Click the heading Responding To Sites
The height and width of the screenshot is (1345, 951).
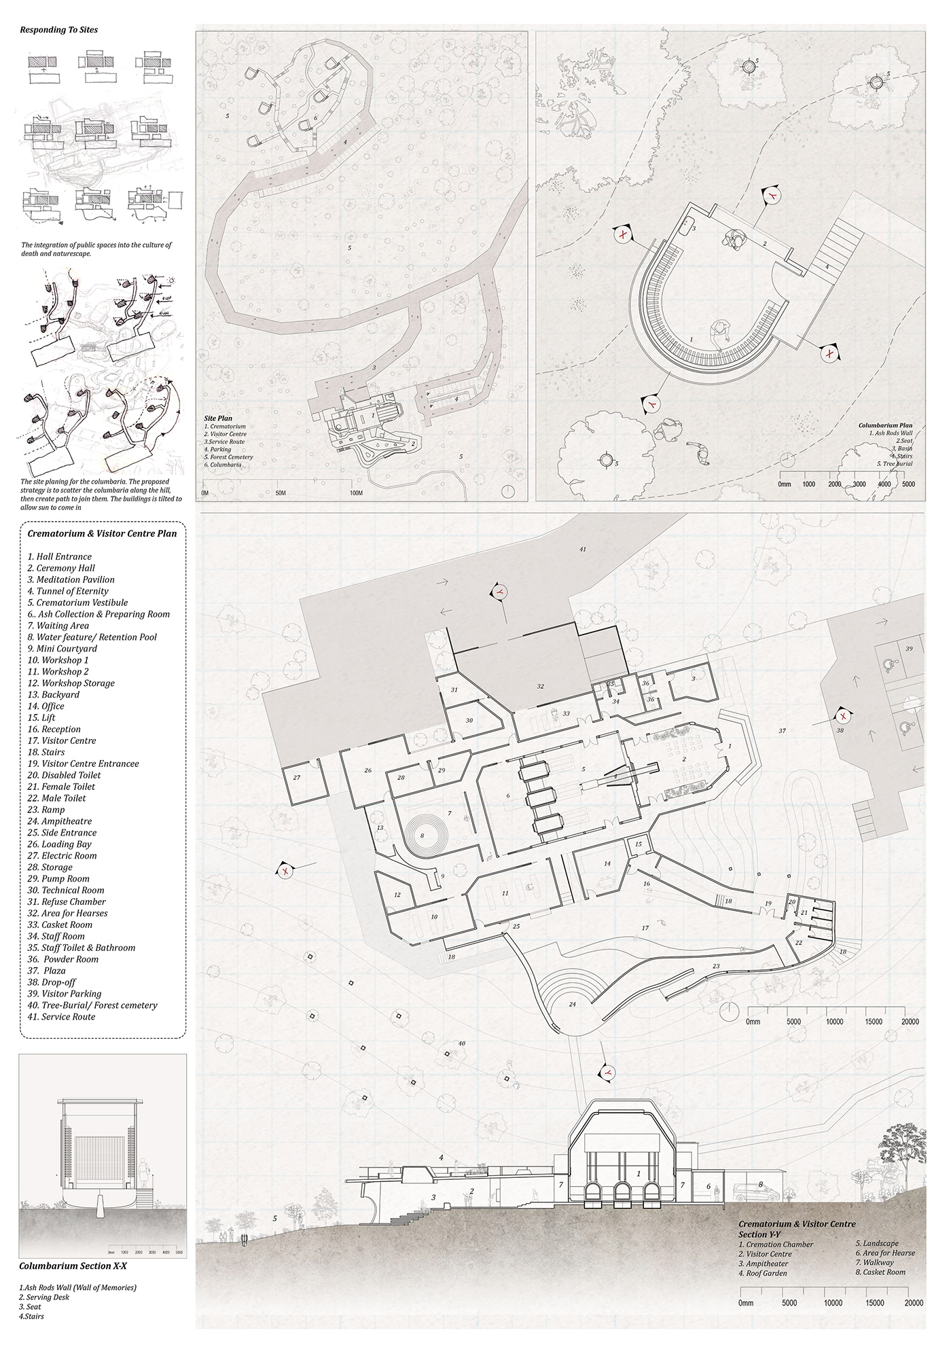coord(58,30)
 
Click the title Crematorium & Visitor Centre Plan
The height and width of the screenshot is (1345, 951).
coord(102,533)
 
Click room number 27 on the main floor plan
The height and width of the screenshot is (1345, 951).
coord(297,777)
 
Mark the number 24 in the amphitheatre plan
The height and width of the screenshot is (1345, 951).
coord(572,1004)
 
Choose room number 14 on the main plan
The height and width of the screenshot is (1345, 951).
coord(607,863)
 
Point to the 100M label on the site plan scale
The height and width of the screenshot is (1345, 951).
coord(355,492)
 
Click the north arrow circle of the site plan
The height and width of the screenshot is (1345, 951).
coord(509,492)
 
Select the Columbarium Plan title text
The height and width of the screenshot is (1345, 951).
coord(881,425)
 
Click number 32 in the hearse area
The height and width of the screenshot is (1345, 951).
coord(541,686)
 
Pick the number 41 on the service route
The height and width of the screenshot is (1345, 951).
coord(583,548)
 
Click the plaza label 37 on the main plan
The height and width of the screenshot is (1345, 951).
coord(782,731)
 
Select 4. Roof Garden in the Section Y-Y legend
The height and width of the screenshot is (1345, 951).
coord(762,1273)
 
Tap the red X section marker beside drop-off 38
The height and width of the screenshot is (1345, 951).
coord(844,716)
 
